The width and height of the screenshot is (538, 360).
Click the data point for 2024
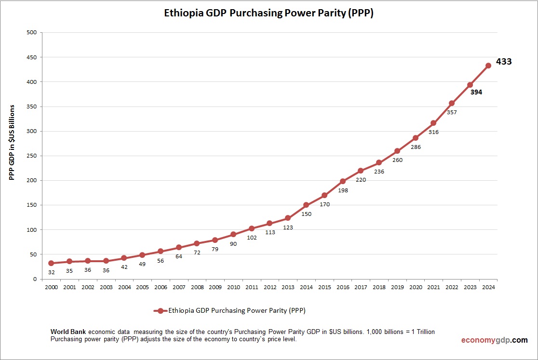[488, 66]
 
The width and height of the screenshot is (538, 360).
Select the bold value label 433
[504, 62]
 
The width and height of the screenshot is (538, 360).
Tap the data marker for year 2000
[51, 263]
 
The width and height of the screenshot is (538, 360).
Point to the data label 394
[476, 92]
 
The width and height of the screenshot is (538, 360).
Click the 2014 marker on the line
[306, 205]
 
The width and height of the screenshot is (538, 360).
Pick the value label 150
[307, 213]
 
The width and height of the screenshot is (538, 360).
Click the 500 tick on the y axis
[31, 33]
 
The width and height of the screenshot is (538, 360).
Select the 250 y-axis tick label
[31, 156]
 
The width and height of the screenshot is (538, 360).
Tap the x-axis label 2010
[233, 287]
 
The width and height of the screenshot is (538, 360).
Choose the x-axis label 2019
[397, 287]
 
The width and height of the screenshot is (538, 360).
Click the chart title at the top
[269, 13]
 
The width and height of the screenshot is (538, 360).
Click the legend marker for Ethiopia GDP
[161, 311]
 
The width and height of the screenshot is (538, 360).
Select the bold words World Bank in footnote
[68, 332]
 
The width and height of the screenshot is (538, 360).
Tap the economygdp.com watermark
[494, 340]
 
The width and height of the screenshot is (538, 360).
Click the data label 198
[343, 190]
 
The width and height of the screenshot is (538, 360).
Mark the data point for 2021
[433, 123]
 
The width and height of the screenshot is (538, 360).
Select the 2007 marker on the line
[178, 247]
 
